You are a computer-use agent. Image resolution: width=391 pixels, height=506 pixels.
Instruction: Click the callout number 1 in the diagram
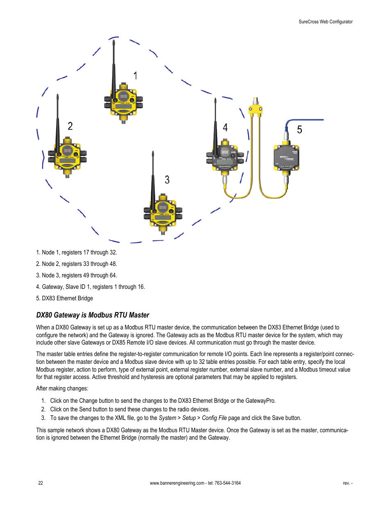[x=135, y=76]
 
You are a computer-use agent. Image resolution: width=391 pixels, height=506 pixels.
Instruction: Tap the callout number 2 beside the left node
[x=70, y=126]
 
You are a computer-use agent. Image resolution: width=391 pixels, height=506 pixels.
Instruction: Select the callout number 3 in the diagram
[x=167, y=180]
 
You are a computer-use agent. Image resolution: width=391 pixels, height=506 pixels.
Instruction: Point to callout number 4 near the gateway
[x=225, y=128]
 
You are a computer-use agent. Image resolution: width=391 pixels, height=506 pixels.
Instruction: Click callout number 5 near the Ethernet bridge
[x=300, y=130]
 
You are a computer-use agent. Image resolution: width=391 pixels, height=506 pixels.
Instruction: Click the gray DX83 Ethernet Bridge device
[x=286, y=158]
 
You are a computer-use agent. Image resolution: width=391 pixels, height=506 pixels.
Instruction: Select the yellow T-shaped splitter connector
[x=256, y=109]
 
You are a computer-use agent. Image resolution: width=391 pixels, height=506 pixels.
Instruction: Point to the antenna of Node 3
[x=153, y=176]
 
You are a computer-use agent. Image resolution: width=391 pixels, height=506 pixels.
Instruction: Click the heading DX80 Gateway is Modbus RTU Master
[x=93, y=315]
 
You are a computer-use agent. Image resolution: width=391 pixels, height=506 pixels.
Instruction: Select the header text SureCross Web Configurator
[x=325, y=22]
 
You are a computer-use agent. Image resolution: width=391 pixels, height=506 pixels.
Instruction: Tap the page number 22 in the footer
[x=41, y=483]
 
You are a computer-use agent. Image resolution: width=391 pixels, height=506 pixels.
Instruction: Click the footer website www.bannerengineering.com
[x=177, y=483]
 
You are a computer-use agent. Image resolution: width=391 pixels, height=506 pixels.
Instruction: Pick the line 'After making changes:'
[x=62, y=388]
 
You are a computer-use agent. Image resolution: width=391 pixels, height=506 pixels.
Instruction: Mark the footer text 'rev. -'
[x=348, y=483]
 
